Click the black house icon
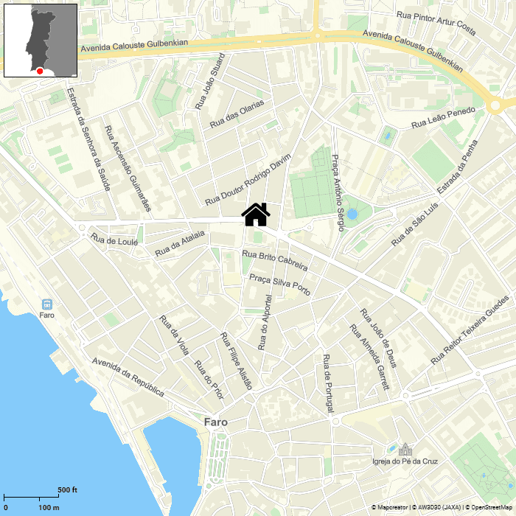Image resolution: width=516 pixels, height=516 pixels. (256, 215)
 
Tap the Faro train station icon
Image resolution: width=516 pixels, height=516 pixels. (47, 304)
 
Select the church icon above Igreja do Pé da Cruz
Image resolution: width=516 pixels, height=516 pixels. (405, 449)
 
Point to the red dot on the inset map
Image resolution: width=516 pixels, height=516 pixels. (39, 71)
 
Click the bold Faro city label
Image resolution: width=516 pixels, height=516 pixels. (216, 422)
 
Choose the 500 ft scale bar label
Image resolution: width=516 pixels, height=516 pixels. (68, 490)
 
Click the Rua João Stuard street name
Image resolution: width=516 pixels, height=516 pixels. (209, 81)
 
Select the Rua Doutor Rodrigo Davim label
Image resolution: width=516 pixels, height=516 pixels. (248, 179)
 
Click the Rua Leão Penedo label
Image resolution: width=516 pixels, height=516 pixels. (444, 118)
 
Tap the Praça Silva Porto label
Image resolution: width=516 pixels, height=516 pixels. (280, 285)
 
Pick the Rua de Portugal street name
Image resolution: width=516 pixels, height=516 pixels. (329, 383)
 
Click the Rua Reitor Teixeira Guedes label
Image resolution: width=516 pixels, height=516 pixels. (470, 330)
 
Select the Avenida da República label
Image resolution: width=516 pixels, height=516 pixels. (128, 377)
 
